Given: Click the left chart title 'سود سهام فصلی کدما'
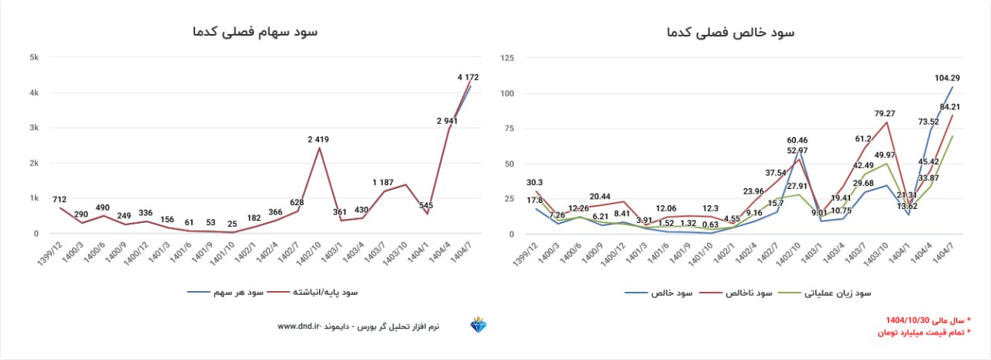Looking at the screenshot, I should (x=255, y=32).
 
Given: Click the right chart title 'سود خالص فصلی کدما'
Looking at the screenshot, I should (x=731, y=32).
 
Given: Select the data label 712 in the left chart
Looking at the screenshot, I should (x=59, y=199).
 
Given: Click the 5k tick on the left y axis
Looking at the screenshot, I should (x=34, y=57).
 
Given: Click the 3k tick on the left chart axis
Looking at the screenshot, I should (x=34, y=128).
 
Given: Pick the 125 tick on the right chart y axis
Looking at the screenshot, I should (x=507, y=57).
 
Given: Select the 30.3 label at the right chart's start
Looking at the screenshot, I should (x=533, y=183).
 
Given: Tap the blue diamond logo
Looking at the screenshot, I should (x=478, y=326).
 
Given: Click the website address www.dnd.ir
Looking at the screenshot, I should (x=299, y=327).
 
